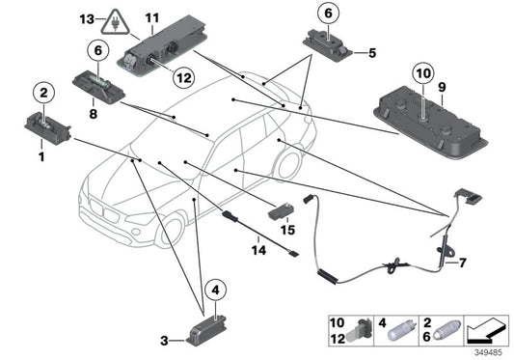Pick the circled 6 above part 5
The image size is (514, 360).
[x=327, y=14]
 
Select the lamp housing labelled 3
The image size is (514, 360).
[x=205, y=323]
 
